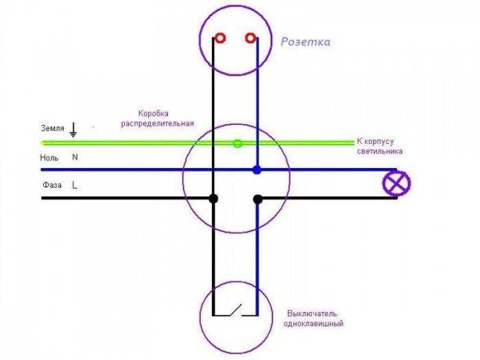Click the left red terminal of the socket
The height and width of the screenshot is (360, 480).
pyautogui.click(x=220, y=38)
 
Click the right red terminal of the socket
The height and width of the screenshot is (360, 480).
pyautogui.click(x=250, y=38)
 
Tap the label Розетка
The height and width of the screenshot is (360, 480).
pyautogui.click(x=306, y=42)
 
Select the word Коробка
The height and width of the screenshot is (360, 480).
pyautogui.click(x=154, y=114)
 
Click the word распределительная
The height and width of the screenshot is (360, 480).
pyautogui.click(x=157, y=123)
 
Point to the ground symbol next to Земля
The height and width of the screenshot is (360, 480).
pyautogui.click(x=73, y=130)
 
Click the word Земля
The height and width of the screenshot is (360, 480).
pyautogui.click(x=53, y=128)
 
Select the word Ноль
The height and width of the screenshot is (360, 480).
pyautogui.click(x=49, y=158)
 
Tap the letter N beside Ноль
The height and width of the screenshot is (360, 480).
pyautogui.click(x=75, y=157)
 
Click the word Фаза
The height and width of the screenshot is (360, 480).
pyautogui.click(x=52, y=185)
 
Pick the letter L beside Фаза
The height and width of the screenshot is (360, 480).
pyautogui.click(x=75, y=185)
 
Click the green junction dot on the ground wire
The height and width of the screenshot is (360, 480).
pyautogui.click(x=238, y=143)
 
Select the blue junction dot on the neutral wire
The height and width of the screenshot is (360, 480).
pyautogui.click(x=257, y=169)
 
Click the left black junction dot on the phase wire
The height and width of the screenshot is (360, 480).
pyautogui.click(x=213, y=198)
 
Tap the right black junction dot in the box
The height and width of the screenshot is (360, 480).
pyautogui.click(x=258, y=200)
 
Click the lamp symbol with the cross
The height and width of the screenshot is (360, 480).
pyautogui.click(x=397, y=183)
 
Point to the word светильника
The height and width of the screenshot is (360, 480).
pyautogui.click(x=380, y=152)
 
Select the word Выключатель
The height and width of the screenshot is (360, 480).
pyautogui.click(x=312, y=314)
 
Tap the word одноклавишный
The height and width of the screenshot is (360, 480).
pyautogui.click(x=313, y=324)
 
